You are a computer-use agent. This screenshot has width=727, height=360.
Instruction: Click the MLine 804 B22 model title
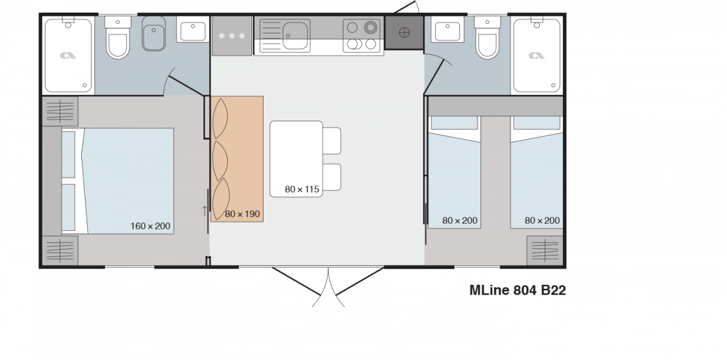(517, 290)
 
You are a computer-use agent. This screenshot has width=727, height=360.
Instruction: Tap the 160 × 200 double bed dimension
(150, 226)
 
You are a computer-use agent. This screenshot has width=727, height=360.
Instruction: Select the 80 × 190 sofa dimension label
(242, 214)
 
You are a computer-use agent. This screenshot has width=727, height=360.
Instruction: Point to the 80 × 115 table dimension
(302, 189)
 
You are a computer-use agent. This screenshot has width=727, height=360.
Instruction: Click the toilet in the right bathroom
(487, 38)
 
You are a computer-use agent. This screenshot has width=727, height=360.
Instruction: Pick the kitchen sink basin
(295, 35)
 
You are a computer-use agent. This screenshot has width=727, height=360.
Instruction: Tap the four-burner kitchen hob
(362, 35)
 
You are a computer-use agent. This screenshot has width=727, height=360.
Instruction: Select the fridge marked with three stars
(231, 36)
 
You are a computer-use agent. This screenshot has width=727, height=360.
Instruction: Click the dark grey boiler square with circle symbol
(404, 33)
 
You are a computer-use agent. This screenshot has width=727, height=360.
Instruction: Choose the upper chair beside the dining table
(331, 141)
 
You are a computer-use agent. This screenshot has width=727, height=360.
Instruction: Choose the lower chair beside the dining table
(331, 177)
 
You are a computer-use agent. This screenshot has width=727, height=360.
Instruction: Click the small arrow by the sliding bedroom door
(205, 211)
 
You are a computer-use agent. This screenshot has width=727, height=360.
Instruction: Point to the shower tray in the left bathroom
(68, 55)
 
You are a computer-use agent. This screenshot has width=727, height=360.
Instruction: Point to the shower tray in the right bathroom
(537, 55)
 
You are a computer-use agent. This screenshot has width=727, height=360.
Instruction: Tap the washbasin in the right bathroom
(447, 32)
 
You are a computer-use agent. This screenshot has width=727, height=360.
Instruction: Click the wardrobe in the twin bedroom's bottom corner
(545, 250)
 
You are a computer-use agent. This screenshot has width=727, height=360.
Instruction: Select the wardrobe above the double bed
(61, 112)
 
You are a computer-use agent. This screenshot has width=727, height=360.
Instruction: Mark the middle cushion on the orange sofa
(220, 161)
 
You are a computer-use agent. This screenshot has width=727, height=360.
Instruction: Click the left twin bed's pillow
(454, 123)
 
